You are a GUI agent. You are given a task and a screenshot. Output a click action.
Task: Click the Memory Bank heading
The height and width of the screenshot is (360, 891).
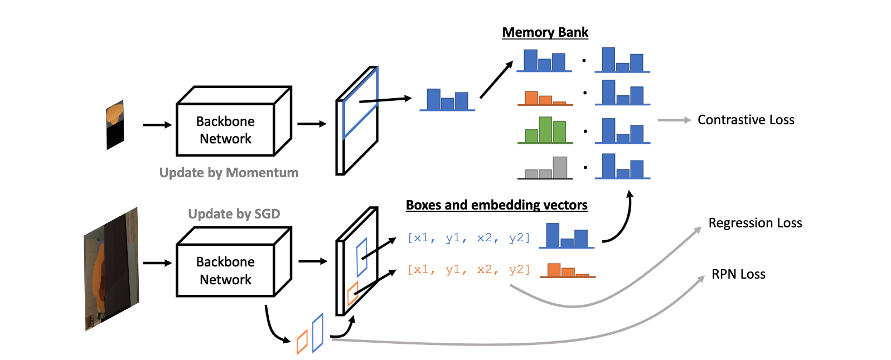(x=545, y=32)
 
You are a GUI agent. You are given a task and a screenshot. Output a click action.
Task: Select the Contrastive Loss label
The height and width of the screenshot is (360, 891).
(x=745, y=120)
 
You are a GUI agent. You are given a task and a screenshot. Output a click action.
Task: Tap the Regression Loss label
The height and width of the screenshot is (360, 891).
(x=755, y=223)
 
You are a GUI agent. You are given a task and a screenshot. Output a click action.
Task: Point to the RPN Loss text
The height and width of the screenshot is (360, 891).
(x=738, y=274)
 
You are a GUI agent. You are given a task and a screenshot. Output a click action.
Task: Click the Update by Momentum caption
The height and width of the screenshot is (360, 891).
(x=229, y=173)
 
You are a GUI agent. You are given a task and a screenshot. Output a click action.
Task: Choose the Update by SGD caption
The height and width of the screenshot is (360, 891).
(x=234, y=214)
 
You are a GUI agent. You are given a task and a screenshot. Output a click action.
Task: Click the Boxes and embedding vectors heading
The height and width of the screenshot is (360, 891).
(x=496, y=205)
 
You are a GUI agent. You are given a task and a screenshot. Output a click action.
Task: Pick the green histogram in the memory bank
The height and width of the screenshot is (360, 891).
(x=545, y=130)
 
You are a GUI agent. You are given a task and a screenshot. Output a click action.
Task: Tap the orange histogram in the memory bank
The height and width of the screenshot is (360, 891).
(x=545, y=99)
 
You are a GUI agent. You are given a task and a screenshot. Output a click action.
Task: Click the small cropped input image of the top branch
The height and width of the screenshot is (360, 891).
(x=115, y=125)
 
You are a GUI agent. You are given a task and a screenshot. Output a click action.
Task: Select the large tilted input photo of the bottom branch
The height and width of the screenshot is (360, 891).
(x=111, y=269)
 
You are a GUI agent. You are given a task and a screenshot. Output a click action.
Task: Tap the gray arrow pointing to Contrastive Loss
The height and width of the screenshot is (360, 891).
(x=674, y=120)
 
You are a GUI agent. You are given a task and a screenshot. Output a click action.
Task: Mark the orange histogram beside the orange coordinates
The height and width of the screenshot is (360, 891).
(x=568, y=271)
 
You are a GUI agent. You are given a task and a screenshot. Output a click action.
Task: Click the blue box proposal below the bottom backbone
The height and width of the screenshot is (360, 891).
(x=318, y=333)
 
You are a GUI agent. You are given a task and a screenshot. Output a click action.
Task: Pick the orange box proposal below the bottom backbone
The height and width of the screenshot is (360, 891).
(x=302, y=342)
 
